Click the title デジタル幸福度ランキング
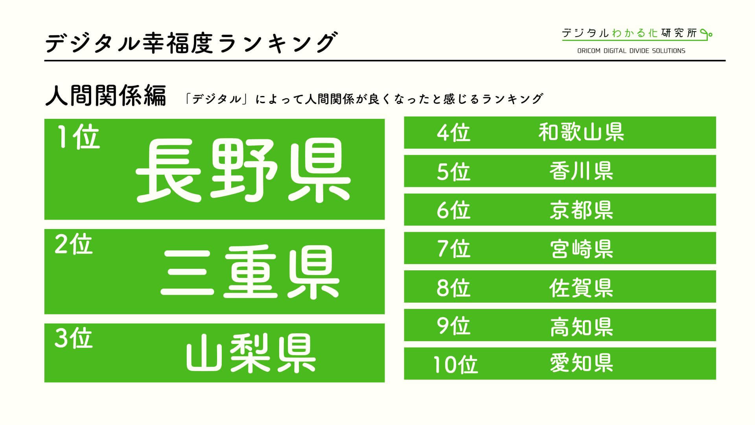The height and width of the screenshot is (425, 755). coord(192,42)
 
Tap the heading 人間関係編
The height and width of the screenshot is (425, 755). coord(106,96)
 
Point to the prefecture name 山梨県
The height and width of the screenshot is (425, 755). coord(251,353)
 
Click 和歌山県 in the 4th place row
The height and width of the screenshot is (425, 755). coord(581,132)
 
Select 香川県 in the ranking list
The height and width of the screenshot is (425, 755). coord(581,171)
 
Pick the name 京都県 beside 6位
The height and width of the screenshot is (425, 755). coord(581,209)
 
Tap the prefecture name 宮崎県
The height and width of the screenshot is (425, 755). coord(581,248)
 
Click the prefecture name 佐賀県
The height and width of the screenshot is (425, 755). coord(581,287)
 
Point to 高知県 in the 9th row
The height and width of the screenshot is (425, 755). coord(581,326)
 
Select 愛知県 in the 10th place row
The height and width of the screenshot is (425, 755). coord(581,363)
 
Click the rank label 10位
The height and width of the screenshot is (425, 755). coord(455,364)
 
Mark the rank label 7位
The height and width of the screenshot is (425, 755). coord(453,248)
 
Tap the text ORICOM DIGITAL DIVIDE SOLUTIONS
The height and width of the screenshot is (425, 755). coord(631,51)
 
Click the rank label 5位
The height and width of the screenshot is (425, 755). coord(453,171)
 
